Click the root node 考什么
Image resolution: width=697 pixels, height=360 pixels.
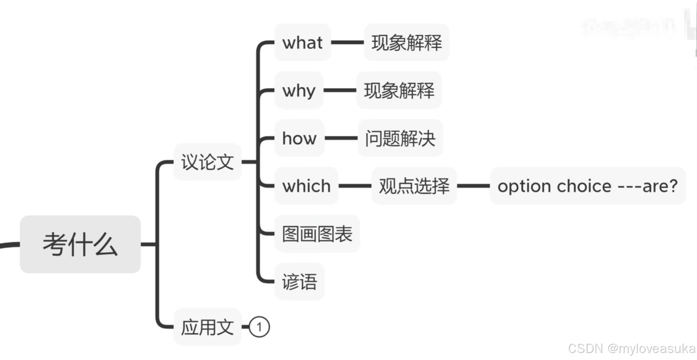[80, 244]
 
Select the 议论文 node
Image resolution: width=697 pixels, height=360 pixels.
[207, 162]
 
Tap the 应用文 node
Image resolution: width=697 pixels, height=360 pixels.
[207, 327]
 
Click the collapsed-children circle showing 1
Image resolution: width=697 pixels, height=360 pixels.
[259, 327]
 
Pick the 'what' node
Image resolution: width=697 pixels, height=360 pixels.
[302, 42]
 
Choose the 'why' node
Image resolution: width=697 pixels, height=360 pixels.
[299, 90]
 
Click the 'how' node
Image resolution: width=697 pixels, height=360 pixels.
[299, 138]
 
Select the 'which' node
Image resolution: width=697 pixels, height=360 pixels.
[306, 186]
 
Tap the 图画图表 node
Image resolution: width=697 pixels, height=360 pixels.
[317, 234]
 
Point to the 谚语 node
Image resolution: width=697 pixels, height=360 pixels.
[299, 281]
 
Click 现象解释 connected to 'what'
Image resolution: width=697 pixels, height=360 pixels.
[406, 42]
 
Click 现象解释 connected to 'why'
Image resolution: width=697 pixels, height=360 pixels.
[399, 90]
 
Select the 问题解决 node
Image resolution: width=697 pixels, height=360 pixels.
[400, 138]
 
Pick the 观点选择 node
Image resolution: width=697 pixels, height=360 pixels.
[414, 186]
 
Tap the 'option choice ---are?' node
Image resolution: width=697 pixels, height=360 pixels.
[587, 186]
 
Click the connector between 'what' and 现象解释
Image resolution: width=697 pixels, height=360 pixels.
[347, 42]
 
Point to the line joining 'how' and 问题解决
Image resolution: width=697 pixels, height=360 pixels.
[341, 138]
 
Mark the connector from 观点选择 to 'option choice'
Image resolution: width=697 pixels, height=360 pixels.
[473, 186]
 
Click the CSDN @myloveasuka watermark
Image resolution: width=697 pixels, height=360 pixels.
[631, 348]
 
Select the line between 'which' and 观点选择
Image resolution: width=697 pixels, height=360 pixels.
[355, 186]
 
